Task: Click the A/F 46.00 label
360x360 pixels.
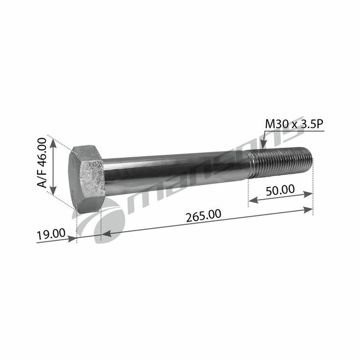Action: click(42, 164)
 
